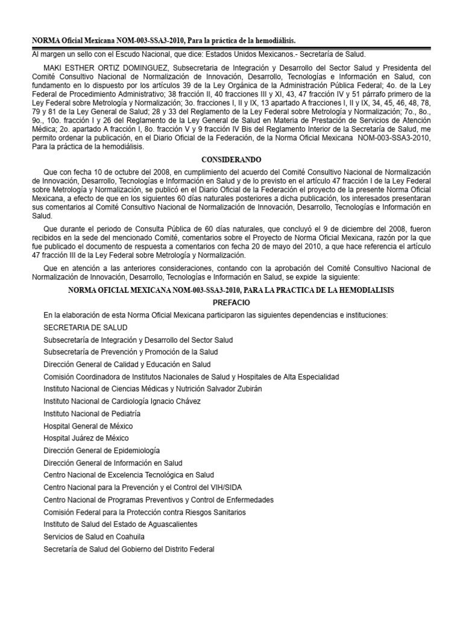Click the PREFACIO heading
tap(232, 302)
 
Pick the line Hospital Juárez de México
tap(86, 438)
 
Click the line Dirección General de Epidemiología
tap(101, 450)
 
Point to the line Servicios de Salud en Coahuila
tap(94, 537)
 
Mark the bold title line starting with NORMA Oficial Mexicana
tap(163, 40)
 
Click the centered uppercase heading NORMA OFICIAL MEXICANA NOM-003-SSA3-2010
tap(232, 290)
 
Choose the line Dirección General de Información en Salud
tap(113, 463)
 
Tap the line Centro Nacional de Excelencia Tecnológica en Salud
tap(128, 475)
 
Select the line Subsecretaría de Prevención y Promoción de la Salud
tap(131, 352)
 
